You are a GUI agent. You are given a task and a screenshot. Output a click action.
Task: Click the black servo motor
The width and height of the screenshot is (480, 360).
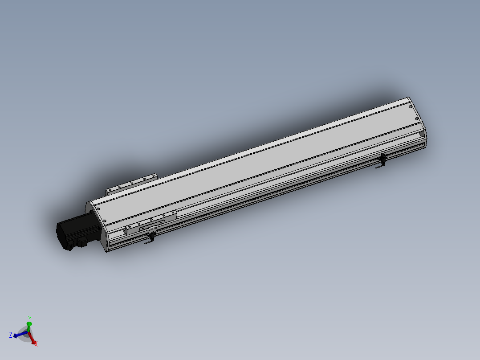coord(73,232)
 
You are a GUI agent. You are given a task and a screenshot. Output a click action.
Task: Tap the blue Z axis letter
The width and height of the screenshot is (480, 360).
coord(11,335)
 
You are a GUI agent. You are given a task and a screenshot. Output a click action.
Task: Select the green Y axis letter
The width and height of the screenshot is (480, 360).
coord(29,318)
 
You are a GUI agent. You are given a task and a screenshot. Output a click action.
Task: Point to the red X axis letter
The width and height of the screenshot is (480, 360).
coord(36,344)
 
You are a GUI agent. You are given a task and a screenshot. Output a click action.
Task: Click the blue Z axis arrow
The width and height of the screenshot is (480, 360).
coord(20,334)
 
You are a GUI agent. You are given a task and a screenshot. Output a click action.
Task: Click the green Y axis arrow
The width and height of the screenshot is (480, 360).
coord(29,326)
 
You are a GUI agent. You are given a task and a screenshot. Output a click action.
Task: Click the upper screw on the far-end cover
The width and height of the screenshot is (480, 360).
coord(409,107)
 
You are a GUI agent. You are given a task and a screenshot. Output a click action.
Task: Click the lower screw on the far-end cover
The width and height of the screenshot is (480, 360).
coord(417,120)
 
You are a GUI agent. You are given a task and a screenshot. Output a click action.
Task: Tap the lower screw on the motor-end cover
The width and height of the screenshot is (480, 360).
coord(104,221)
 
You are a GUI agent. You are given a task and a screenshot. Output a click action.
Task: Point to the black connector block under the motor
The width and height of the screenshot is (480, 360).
coord(82,242)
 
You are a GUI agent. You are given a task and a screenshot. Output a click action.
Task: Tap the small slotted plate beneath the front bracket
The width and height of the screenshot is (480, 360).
coord(147,229)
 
